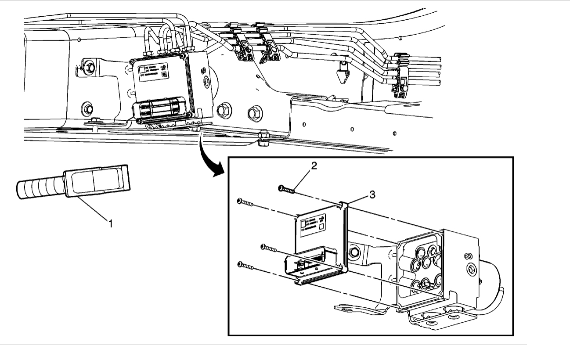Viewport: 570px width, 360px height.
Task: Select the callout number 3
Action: (372, 194)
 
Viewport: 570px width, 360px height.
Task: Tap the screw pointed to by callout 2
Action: (286, 189)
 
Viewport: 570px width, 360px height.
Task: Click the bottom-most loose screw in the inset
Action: (246, 266)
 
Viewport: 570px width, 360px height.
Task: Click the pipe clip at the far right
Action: (401, 74)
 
